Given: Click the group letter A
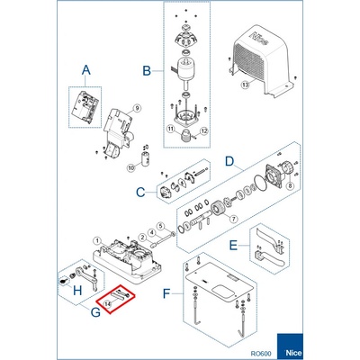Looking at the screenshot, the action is (86, 70).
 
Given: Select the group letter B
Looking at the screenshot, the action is (147, 71).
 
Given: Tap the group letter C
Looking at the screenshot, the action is (140, 193).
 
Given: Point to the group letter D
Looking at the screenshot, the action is (229, 161).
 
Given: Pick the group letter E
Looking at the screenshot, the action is (233, 246).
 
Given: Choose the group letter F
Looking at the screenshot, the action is (166, 293).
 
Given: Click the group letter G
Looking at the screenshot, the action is (95, 312).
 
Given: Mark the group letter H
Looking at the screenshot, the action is (77, 291).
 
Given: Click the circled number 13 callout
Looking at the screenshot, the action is (246, 85).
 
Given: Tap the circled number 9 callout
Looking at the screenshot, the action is (137, 109).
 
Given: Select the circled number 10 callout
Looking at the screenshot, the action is (131, 168).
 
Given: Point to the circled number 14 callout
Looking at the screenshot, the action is (107, 304).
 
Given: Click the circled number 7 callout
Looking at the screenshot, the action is (233, 219).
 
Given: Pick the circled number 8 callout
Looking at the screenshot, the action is (290, 186).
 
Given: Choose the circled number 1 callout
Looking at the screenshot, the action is (97, 240).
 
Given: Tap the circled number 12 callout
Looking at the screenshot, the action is (204, 130).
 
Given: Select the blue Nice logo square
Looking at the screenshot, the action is (290, 346).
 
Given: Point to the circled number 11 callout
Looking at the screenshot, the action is (171, 130).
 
